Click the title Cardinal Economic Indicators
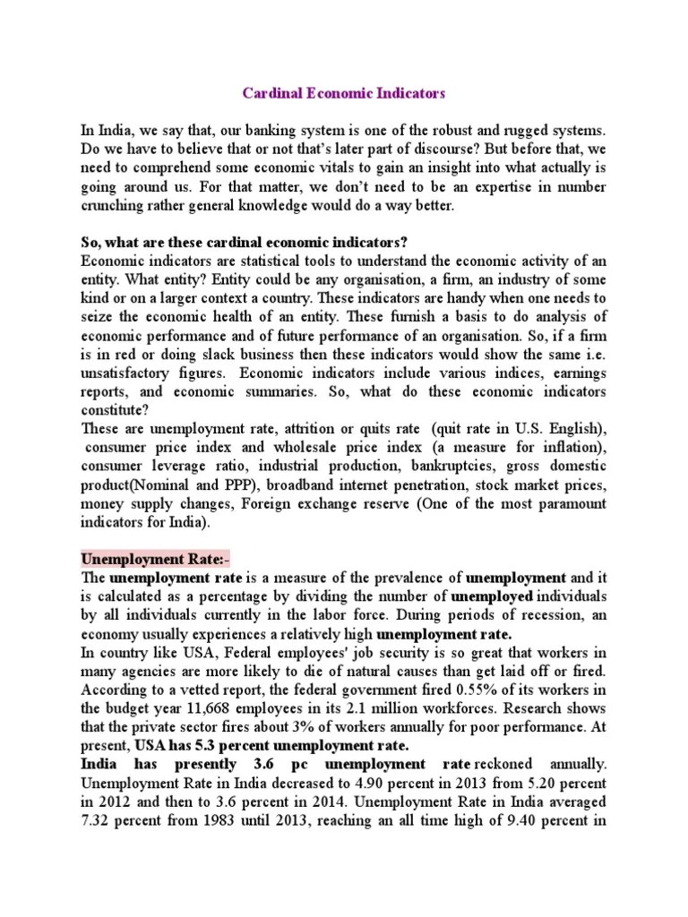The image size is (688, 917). coord(345,93)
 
